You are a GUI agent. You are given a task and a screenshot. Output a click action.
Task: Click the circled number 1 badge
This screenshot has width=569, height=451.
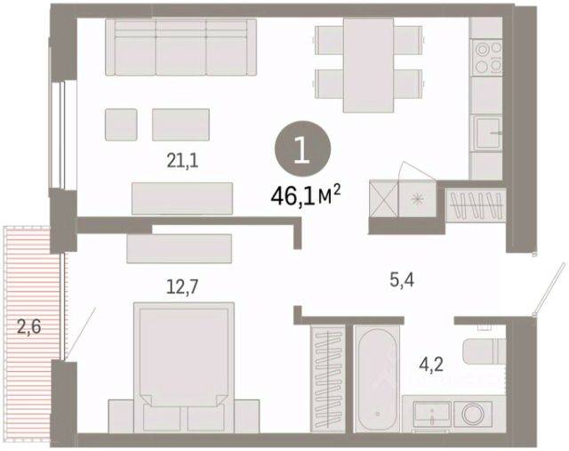302,149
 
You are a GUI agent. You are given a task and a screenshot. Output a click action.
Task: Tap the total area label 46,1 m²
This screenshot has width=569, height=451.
306,197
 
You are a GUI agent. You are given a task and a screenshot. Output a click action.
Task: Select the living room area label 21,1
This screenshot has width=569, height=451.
182,161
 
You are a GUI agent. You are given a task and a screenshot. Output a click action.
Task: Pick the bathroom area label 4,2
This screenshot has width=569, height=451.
431,364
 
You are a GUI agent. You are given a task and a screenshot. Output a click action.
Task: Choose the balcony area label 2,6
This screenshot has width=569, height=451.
29,327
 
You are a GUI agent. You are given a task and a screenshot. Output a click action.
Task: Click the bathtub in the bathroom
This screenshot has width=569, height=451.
377,379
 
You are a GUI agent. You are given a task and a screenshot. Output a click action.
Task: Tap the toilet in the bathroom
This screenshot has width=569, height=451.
484,351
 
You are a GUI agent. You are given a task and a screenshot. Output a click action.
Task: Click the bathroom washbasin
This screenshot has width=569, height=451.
432,415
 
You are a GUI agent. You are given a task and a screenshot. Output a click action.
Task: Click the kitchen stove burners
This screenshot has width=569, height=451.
486,58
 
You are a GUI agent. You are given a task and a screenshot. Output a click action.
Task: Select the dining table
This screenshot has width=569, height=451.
369,65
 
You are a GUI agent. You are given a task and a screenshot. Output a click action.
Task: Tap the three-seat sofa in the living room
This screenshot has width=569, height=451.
181,47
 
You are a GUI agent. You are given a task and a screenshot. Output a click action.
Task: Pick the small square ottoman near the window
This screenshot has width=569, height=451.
121,125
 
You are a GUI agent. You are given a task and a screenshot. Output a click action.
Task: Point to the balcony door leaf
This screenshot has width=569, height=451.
81,332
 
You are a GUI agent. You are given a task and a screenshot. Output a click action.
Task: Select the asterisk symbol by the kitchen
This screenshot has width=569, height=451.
417,199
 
